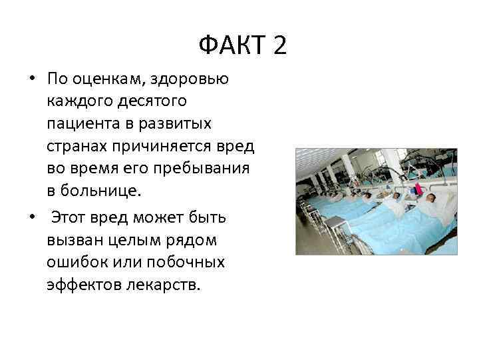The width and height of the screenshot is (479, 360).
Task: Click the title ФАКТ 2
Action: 242,46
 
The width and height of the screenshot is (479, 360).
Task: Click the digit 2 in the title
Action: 279,46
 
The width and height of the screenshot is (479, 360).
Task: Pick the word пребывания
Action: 201,168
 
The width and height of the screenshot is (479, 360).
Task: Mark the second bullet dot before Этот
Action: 32,219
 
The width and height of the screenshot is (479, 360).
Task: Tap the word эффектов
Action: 83,285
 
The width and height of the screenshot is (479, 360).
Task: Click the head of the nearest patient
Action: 431,198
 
